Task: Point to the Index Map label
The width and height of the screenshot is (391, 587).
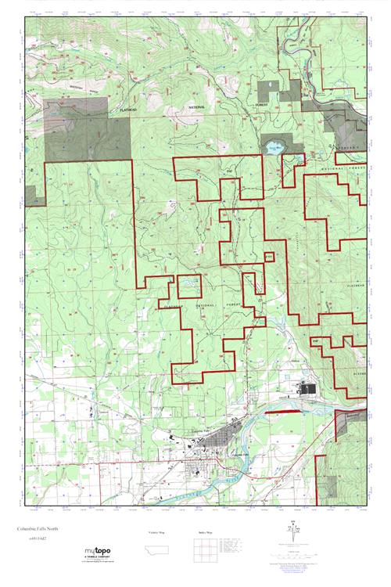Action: [206, 531]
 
